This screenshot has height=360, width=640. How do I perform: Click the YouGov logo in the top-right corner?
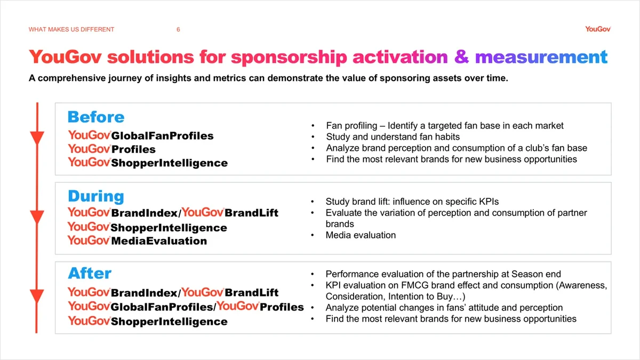click(597, 29)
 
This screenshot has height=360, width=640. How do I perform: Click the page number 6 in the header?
click(178, 29)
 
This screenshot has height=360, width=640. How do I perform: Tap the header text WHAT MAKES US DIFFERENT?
click(71, 29)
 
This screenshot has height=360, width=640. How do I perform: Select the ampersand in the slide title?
click(461, 57)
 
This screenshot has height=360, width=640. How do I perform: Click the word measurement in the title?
click(541, 57)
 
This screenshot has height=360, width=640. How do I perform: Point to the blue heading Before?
click(96, 117)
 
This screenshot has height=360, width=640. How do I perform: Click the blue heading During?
click(96, 196)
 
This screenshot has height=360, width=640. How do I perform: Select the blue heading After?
click(90, 274)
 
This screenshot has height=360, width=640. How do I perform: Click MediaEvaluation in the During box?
click(159, 241)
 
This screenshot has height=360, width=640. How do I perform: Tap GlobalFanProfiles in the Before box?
click(162, 136)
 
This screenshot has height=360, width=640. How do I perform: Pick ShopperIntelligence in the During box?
click(169, 228)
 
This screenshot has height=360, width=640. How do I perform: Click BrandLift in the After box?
click(252, 293)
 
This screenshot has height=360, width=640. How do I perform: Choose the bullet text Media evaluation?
click(361, 235)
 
